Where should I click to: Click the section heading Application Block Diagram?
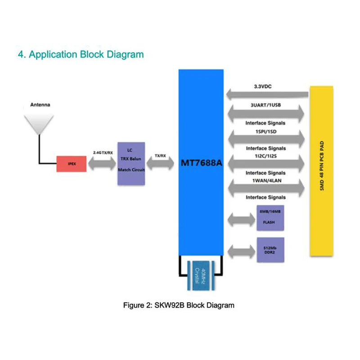(81, 55)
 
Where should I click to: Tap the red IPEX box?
(71, 164)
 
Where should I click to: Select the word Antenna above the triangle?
(40, 105)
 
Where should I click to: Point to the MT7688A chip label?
(201, 163)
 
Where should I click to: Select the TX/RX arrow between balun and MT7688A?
(160, 164)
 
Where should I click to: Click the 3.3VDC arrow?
(268, 94)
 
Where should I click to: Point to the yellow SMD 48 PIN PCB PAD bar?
(322, 171)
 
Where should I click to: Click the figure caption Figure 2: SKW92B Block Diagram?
(179, 305)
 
